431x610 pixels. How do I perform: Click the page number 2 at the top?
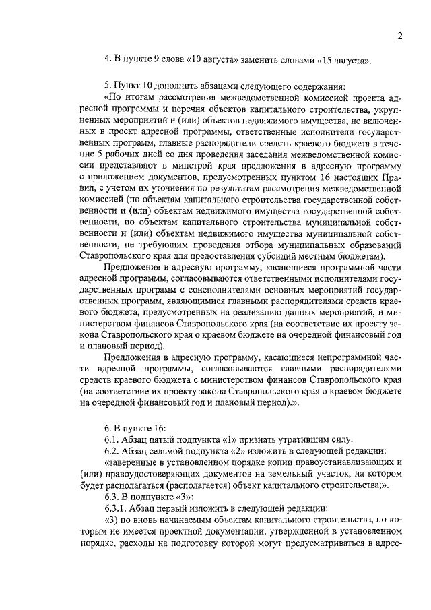coord(400,36)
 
